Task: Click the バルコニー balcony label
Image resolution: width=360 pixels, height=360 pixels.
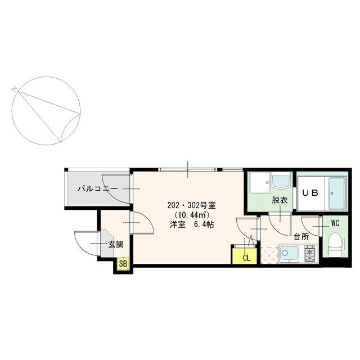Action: tap(98, 189)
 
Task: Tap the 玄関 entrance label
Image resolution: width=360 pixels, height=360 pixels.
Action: tap(116, 244)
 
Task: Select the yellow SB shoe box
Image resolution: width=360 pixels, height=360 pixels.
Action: tap(123, 264)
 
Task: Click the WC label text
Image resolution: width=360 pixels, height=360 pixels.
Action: tap(335, 223)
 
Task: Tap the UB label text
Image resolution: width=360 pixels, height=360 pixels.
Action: tap(310, 193)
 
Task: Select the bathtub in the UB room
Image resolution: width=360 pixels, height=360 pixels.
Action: tap(337, 193)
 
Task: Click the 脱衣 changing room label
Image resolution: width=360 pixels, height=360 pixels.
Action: tap(280, 200)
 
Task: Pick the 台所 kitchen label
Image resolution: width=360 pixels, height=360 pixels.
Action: tap(301, 237)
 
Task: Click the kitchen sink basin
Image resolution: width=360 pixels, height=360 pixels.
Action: tap(289, 254)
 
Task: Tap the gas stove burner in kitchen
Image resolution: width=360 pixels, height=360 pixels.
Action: tap(310, 253)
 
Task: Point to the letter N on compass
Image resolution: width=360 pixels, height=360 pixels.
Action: tap(15, 89)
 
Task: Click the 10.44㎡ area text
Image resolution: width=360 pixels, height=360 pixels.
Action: tap(192, 215)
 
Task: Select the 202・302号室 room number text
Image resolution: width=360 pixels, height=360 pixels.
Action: tap(191, 205)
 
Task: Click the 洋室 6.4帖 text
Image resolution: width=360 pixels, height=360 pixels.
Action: tap(192, 224)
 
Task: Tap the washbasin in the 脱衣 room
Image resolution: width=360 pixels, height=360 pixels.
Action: tap(281, 181)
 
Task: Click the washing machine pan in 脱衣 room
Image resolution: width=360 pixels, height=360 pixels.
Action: tap(260, 182)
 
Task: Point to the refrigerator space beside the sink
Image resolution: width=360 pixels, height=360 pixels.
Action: tap(270, 255)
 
